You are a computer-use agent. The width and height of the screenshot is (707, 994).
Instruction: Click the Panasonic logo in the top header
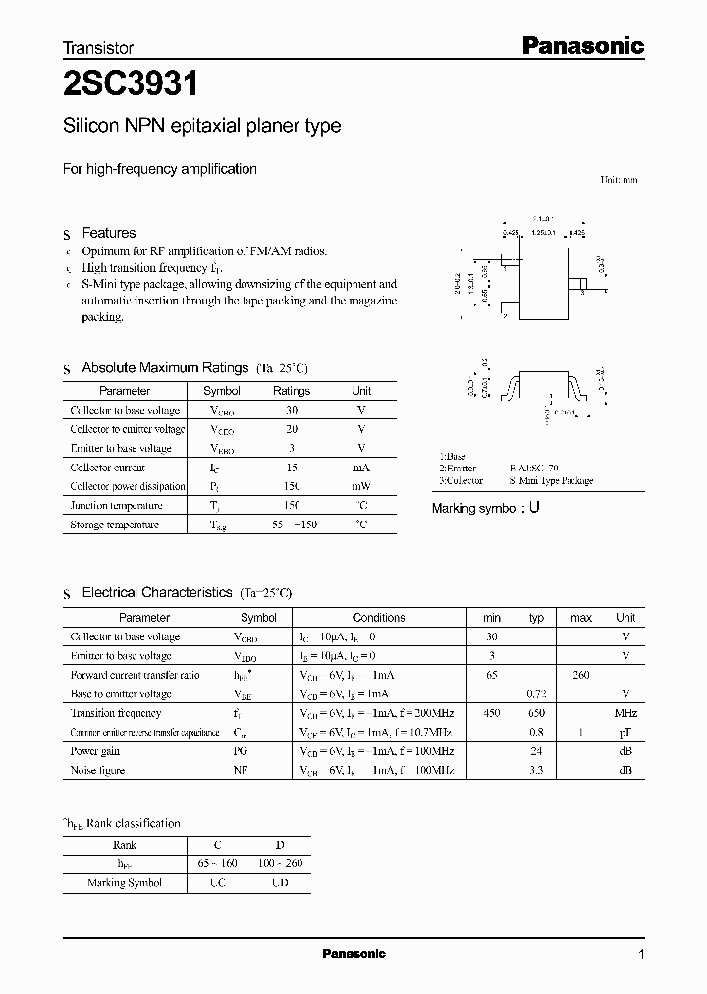[581, 45]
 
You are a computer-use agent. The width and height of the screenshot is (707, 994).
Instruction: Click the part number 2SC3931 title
[130, 85]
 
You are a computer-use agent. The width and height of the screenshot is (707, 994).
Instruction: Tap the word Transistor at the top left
[98, 47]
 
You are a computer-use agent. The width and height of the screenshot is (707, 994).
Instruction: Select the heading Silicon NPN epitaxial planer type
[201, 126]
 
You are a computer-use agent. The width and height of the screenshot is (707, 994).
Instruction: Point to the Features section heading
[108, 233]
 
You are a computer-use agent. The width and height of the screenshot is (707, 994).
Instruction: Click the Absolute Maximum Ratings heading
[164, 368]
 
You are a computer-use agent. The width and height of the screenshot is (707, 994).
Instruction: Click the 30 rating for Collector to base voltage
[291, 410]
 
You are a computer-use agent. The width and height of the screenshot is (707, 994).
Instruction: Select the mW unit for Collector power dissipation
[361, 486]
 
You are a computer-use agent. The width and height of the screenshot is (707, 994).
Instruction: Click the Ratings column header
[291, 390]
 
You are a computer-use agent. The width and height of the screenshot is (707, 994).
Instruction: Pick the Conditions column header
[379, 618]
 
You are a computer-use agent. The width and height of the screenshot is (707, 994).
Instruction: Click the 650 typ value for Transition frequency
[536, 713]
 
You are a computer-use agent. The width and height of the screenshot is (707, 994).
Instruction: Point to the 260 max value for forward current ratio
[580, 675]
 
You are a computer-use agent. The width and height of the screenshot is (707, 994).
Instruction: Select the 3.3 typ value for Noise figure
[536, 770]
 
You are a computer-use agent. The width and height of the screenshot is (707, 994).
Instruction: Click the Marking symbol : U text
[486, 509]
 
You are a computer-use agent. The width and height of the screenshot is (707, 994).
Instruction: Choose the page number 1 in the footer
[641, 954]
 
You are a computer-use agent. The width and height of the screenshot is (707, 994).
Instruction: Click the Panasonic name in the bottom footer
[354, 954]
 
